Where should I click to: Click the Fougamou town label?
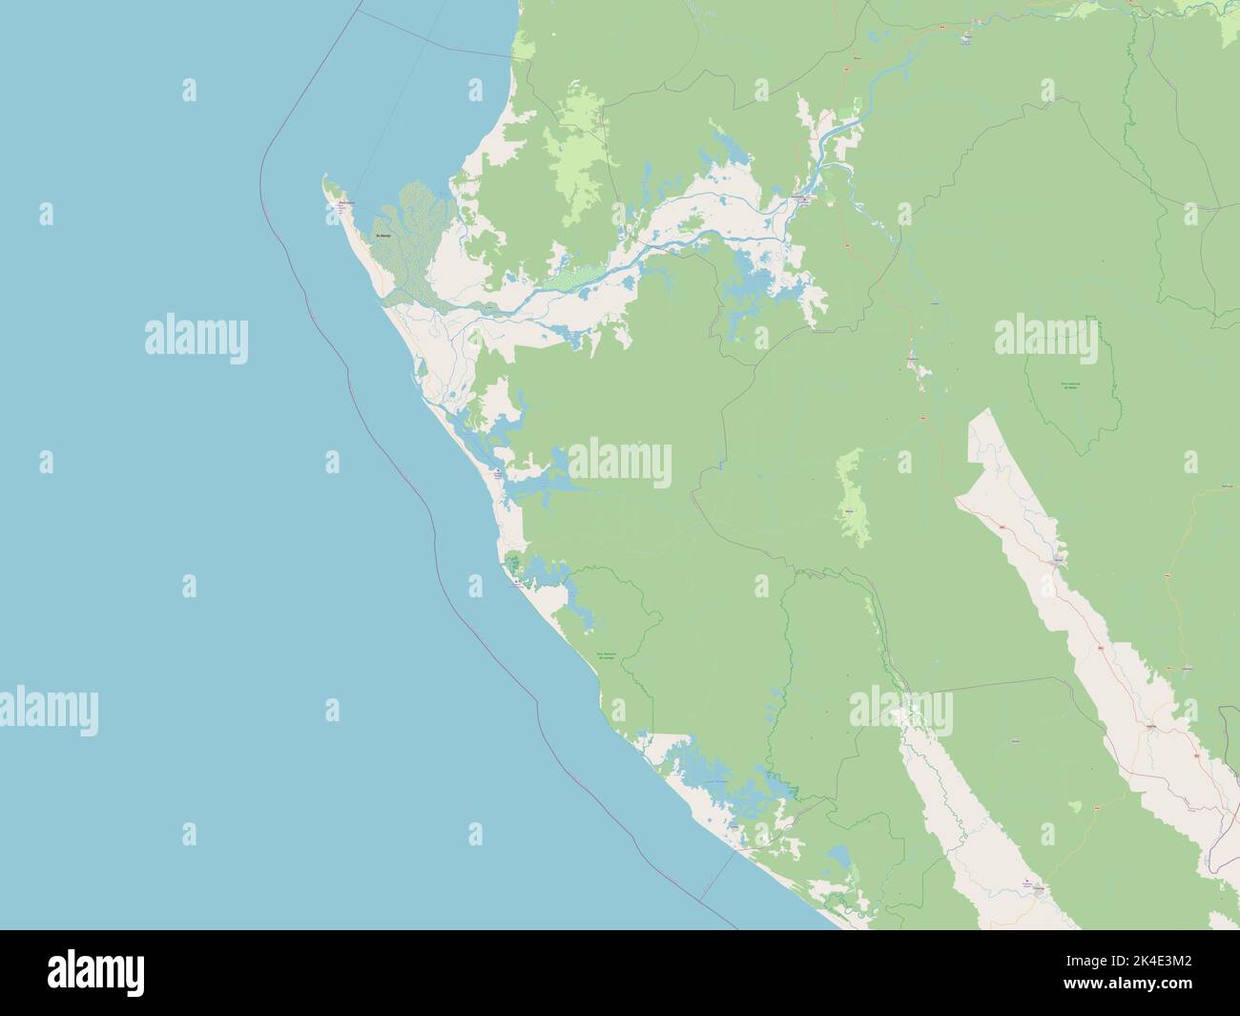pos(914,358)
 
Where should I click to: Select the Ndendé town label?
pos(1158,725)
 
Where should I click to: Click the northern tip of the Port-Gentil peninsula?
pos(325,176)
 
